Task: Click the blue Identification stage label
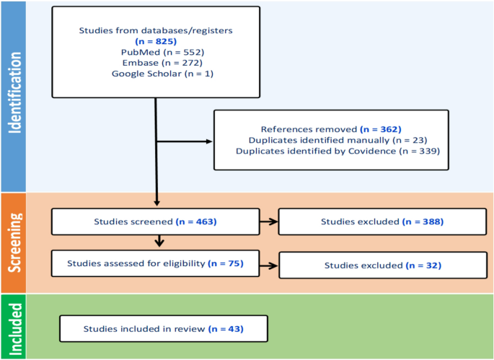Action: [x=15, y=92]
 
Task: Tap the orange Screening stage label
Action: [x=15, y=242]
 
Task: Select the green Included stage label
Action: [x=15, y=329]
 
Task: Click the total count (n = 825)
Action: [x=156, y=41]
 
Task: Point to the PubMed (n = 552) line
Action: [x=162, y=52]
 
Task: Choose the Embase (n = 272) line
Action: [x=162, y=63]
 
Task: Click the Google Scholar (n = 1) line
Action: [x=162, y=74]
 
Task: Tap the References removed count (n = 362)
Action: [x=381, y=129]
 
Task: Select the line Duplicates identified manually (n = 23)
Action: [x=338, y=140]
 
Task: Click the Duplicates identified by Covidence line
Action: [x=338, y=151]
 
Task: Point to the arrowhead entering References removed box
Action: [x=210, y=141]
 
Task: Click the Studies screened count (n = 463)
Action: [x=196, y=221]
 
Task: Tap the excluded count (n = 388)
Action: [x=423, y=221]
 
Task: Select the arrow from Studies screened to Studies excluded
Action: [x=269, y=221]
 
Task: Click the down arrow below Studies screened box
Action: [x=159, y=241]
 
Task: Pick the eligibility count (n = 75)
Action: [x=226, y=263]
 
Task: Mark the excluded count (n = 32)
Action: [x=423, y=265]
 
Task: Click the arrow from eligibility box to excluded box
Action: [x=269, y=265]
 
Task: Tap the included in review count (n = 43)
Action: [x=226, y=329]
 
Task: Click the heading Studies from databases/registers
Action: [x=156, y=30]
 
